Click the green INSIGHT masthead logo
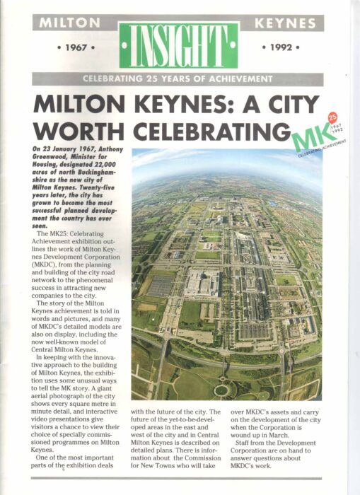pos(178,44)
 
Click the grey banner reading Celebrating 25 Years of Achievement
pos(178,78)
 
